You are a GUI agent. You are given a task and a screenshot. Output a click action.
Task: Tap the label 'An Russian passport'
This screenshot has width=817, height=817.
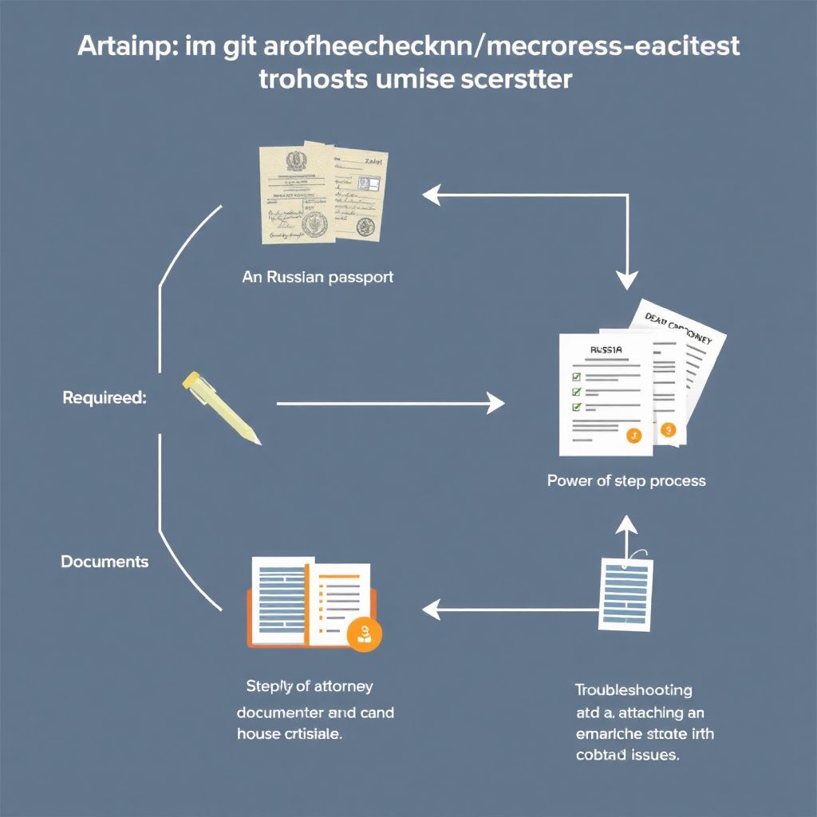(318, 278)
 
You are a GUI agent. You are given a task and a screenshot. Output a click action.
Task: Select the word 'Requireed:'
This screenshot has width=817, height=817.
(105, 397)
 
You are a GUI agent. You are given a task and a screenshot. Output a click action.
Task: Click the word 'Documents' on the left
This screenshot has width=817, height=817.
(105, 561)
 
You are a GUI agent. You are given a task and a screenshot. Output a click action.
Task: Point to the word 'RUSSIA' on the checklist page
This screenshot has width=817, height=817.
(606, 349)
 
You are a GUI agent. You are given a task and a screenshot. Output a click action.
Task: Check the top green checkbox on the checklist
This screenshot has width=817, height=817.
(577, 376)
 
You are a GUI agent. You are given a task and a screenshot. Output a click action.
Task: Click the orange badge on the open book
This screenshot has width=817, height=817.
(366, 634)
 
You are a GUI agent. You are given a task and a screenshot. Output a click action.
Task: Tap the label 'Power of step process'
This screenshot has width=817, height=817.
(626, 480)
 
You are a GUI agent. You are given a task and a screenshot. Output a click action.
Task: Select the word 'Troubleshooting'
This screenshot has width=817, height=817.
(633, 689)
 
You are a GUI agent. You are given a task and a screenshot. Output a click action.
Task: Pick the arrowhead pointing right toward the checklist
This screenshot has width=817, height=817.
(495, 404)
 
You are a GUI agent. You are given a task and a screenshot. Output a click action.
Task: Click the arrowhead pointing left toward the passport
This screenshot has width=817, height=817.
(432, 193)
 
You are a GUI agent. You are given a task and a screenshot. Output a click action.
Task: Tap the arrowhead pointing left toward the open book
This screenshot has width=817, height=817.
(432, 610)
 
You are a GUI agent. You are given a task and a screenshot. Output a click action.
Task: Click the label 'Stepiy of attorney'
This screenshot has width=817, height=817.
(309, 685)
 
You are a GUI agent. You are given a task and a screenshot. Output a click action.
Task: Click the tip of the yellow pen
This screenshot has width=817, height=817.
(258, 442)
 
